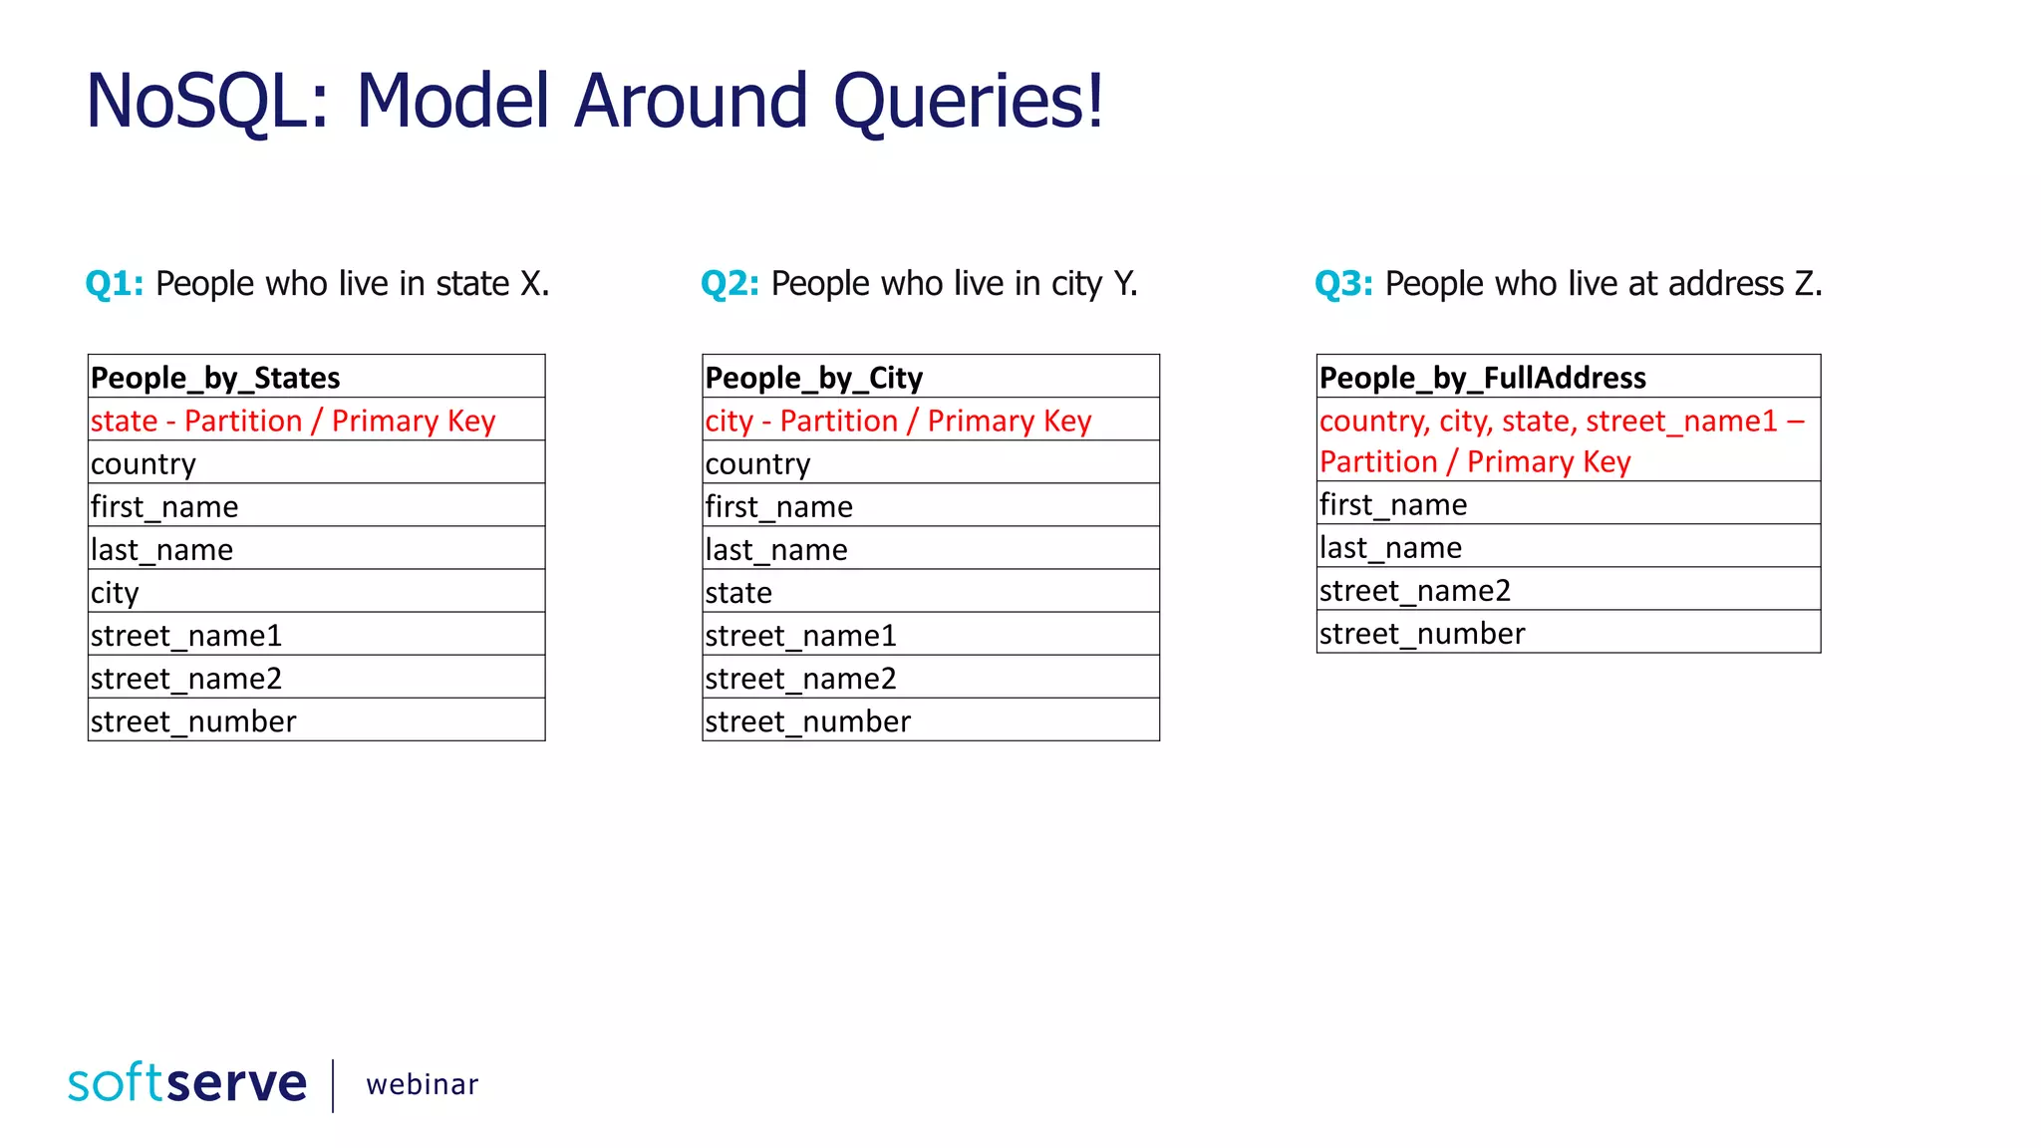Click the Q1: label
pos(115,284)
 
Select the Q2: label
pos(729,284)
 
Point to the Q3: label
pos(1343,284)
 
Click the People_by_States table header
pos(215,378)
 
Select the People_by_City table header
pos(813,378)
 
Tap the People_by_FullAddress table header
pos(1482,378)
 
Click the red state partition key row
pos(293,421)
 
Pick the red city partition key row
pos(898,421)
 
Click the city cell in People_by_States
pos(116,592)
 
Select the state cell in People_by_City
pos(738,592)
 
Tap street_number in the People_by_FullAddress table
pos(1422,633)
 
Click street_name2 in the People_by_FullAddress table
pos(1415,590)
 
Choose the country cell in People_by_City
pos(757,463)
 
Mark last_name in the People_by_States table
pos(161,549)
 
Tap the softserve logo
pos(187,1083)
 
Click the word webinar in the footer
pos(422,1084)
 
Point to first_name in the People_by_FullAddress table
pos(1393,504)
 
